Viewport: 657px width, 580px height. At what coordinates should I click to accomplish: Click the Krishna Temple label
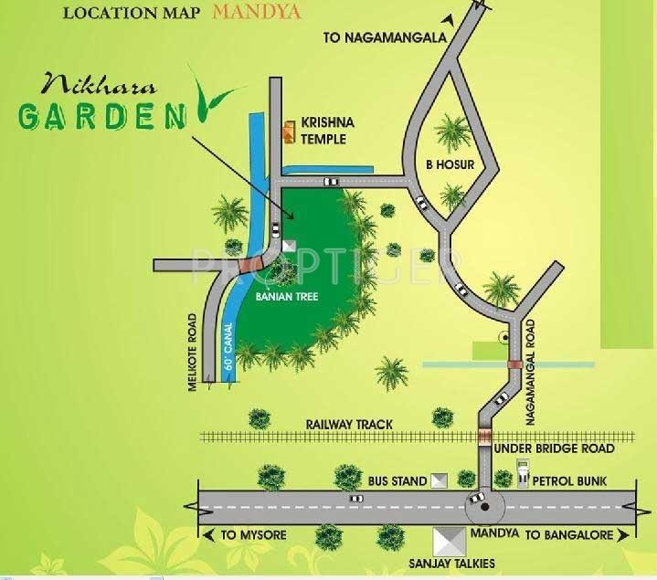click(x=325, y=132)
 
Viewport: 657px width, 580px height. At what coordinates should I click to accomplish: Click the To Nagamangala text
click(x=385, y=37)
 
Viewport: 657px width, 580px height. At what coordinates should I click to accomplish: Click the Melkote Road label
click(x=194, y=353)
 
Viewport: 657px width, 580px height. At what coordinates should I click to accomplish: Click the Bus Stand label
click(x=397, y=480)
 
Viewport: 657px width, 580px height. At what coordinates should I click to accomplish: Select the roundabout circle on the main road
click(x=478, y=501)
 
